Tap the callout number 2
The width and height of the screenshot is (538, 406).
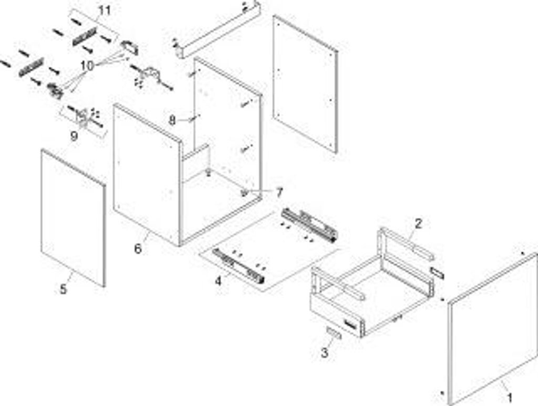point(418,223)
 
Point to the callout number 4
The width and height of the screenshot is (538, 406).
point(218,280)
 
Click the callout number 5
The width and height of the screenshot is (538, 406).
point(63,289)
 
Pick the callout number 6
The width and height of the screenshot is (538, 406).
point(138,248)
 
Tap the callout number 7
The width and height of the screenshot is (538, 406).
point(279,193)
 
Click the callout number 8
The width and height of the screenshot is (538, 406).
point(172,120)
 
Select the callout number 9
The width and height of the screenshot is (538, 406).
point(74,136)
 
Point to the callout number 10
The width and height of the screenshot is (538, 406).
point(87,66)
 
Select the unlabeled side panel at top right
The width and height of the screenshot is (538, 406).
point(305,84)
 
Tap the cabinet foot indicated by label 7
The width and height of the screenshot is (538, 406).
point(245,192)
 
